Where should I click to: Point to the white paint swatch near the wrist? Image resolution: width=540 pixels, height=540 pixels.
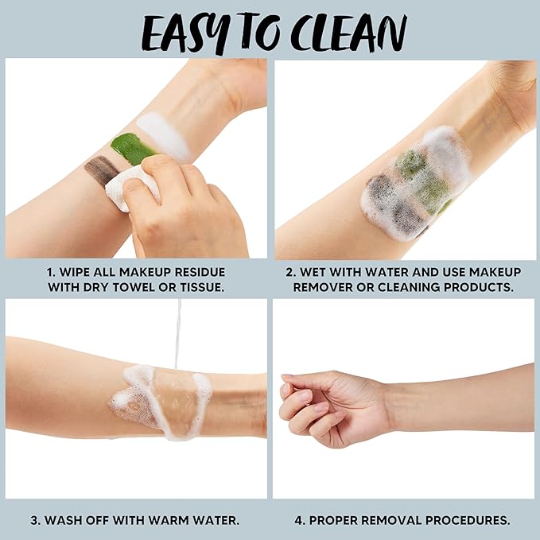[163, 135]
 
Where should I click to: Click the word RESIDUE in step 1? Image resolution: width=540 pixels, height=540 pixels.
[200, 272]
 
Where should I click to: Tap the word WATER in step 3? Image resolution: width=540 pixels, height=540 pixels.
[221, 520]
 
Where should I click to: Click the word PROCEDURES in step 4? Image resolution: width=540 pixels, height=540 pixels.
[468, 520]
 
